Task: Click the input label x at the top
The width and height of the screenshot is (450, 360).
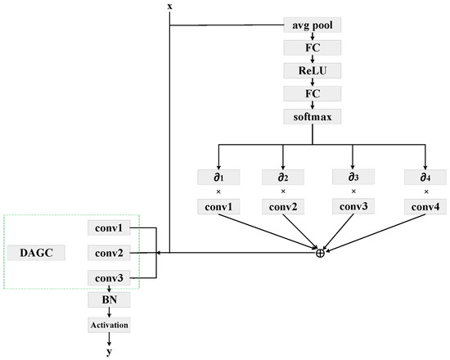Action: [169, 7]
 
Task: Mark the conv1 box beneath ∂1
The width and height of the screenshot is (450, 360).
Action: [218, 206]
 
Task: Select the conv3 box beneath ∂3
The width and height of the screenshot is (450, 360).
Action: [353, 206]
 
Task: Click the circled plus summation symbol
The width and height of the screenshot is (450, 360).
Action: [320, 253]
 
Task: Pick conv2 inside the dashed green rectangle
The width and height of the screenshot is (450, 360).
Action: [109, 254]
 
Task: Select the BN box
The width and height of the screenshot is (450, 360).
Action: [109, 301]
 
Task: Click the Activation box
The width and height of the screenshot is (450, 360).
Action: [109, 325]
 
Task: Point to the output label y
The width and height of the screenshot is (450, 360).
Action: [109, 352]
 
